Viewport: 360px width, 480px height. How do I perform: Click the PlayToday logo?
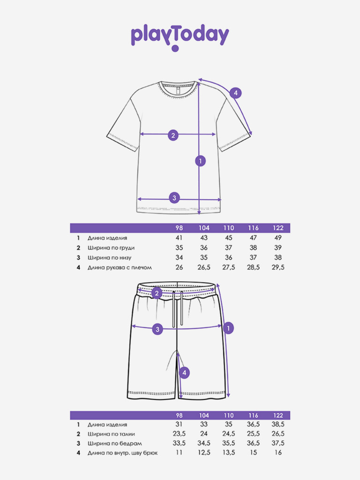(x=180, y=37)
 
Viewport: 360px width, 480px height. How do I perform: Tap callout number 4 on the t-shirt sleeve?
(x=236, y=93)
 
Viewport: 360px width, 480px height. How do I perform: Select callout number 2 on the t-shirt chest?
(x=173, y=135)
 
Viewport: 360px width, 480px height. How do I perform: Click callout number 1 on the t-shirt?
(x=200, y=161)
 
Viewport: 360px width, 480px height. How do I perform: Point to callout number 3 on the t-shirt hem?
(x=174, y=197)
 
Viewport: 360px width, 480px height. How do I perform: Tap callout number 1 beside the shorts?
(x=228, y=328)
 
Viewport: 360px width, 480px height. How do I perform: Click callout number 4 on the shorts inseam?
(x=185, y=373)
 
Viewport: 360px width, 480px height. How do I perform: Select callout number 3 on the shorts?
(x=157, y=329)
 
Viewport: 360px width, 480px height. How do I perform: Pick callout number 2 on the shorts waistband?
(x=157, y=293)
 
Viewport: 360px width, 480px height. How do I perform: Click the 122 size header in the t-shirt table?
(x=278, y=228)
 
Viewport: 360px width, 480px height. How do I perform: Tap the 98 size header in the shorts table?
(x=179, y=416)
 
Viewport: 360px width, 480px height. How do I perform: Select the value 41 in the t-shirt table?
(x=179, y=238)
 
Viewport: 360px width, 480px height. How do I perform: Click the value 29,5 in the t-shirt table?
(x=278, y=268)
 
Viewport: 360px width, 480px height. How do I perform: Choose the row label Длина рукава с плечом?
(x=120, y=268)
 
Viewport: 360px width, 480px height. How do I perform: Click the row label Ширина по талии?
(x=111, y=434)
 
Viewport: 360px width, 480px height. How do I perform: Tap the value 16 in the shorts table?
(x=278, y=453)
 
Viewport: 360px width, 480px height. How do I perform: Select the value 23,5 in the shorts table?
(x=179, y=434)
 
